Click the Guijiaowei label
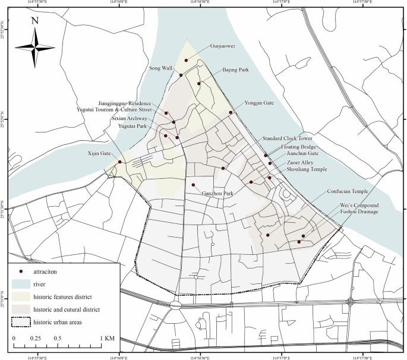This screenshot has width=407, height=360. (x=222, y=45)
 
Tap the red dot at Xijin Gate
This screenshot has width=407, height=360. (x=119, y=162)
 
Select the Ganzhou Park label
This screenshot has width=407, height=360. (x=217, y=194)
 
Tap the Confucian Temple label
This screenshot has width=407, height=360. (x=348, y=191)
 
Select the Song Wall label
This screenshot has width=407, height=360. (x=160, y=68)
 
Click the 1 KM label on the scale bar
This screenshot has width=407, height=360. (x=107, y=338)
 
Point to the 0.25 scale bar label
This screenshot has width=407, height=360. (x=36, y=338)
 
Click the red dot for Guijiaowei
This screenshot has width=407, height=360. (x=186, y=60)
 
